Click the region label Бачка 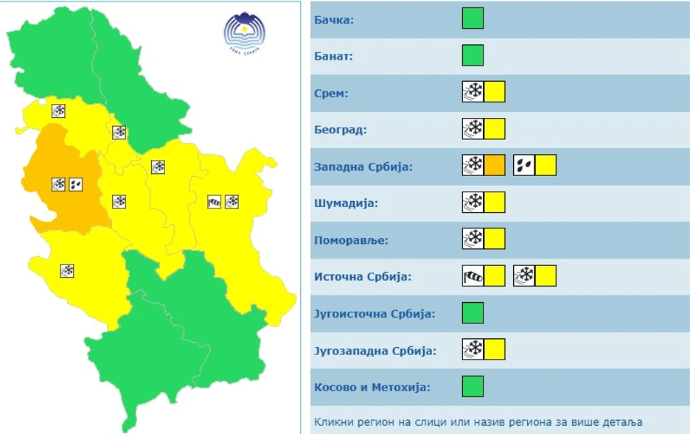pos(334,20)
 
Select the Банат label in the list pos(334,56)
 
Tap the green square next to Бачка pos(473,18)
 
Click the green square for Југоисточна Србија pos(473,313)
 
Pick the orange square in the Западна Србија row pos(495,166)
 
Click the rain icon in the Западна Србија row pos(524,166)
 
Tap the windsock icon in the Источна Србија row pos(473,276)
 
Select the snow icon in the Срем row pos(473,92)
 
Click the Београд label pos(340,130)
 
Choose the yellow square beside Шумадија pos(495,203)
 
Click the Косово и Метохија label pos(372,388)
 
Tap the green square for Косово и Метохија pos(473,387)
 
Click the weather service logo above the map pos(245,33)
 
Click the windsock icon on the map pos(215,201)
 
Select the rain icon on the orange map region pos(76,184)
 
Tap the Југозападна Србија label pos(375,351)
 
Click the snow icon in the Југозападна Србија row pos(473,350)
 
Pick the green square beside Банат pos(473,55)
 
